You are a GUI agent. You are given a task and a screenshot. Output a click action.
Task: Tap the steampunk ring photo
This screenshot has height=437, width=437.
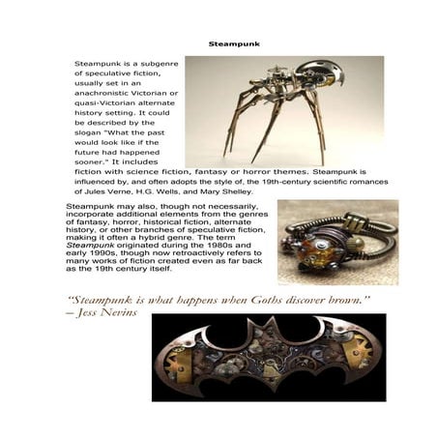point(322,242)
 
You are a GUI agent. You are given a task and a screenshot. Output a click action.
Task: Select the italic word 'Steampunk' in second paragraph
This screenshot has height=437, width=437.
point(88,246)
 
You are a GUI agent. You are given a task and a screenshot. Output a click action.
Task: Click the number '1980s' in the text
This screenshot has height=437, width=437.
point(231,246)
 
